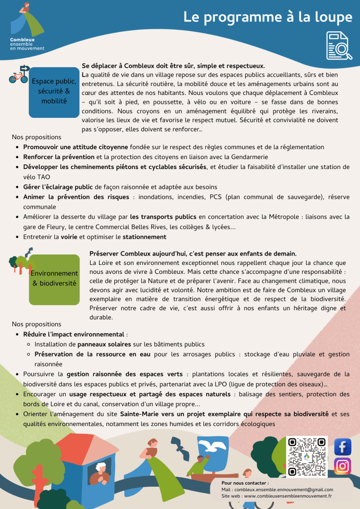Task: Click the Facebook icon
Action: pyautogui.click(x=342, y=447)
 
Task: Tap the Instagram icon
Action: pyautogui.click(x=342, y=466)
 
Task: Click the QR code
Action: pyautogui.click(x=307, y=456)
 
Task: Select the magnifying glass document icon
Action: pyautogui.click(x=338, y=45)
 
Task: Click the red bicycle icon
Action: pyautogui.click(x=18, y=78)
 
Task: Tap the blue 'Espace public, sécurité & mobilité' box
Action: pyautogui.click(x=54, y=91)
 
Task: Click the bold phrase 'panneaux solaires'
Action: pyautogui.click(x=104, y=344)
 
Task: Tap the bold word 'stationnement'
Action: pyautogui.click(x=144, y=237)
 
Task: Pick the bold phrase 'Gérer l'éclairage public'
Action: pyautogui.click(x=58, y=187)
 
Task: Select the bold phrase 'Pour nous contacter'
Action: pyautogui.click(x=245, y=483)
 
